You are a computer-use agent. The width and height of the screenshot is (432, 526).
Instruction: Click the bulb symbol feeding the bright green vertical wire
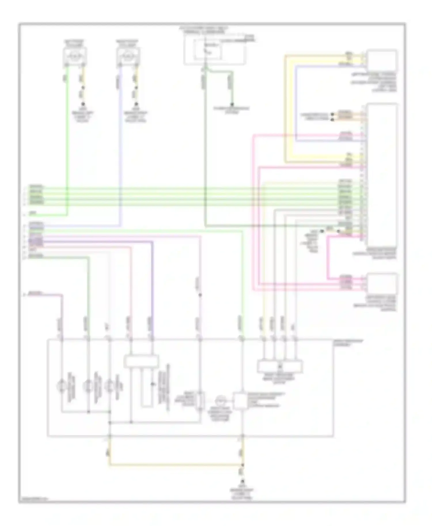(75, 55)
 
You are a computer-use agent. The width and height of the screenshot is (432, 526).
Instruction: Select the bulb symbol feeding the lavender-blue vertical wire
(128, 55)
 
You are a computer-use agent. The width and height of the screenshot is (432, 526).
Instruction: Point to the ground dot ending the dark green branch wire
(232, 104)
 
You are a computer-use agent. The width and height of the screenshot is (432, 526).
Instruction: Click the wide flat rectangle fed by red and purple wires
(141, 361)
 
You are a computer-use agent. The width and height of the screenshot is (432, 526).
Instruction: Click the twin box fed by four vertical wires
(280, 366)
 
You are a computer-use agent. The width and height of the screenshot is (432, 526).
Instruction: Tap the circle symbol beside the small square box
(221, 400)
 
